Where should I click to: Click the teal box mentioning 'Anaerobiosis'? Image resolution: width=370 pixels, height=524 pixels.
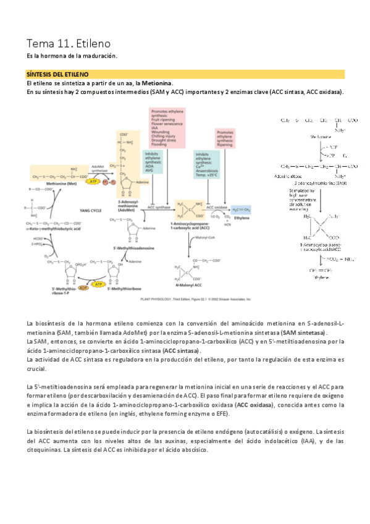pos(208,164)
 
